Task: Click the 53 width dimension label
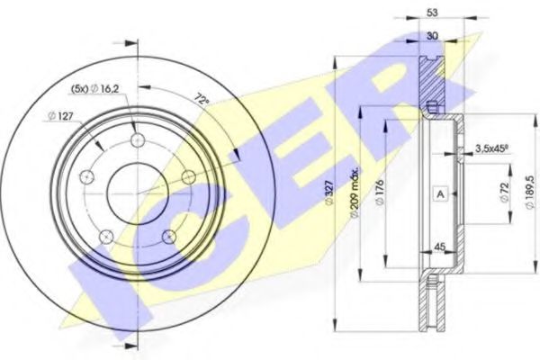click(x=432, y=13)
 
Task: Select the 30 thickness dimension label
click(x=432, y=36)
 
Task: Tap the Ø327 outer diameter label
click(x=329, y=193)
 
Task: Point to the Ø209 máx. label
click(x=355, y=193)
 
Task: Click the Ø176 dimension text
click(x=380, y=193)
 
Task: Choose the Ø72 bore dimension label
click(x=505, y=193)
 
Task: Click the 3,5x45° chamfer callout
click(x=492, y=148)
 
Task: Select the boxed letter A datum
click(x=440, y=194)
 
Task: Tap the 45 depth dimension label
click(x=440, y=247)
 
